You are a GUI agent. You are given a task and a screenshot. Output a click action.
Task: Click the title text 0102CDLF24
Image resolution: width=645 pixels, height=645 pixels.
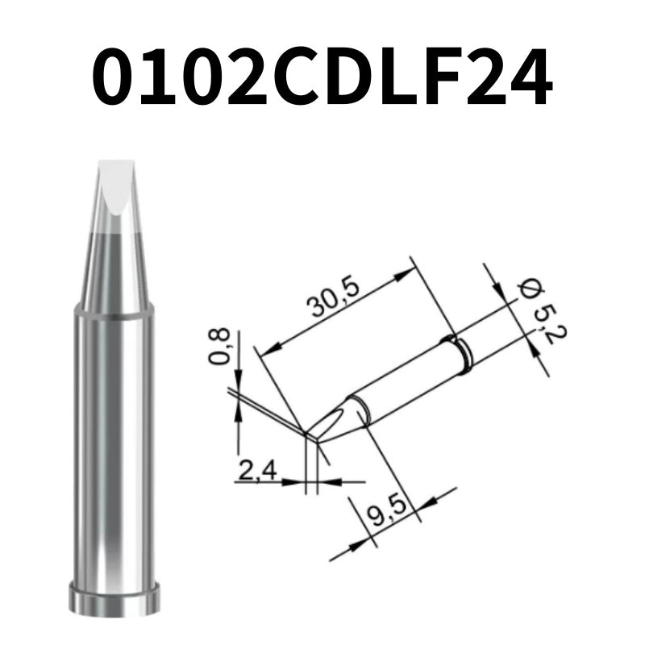[322, 78]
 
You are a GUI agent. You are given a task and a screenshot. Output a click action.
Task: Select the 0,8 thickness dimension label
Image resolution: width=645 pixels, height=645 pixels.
[219, 347]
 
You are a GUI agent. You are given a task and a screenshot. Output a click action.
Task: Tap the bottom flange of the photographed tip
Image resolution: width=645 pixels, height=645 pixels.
[114, 600]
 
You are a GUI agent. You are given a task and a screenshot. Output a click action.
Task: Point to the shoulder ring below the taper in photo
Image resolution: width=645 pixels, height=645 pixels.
[114, 309]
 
